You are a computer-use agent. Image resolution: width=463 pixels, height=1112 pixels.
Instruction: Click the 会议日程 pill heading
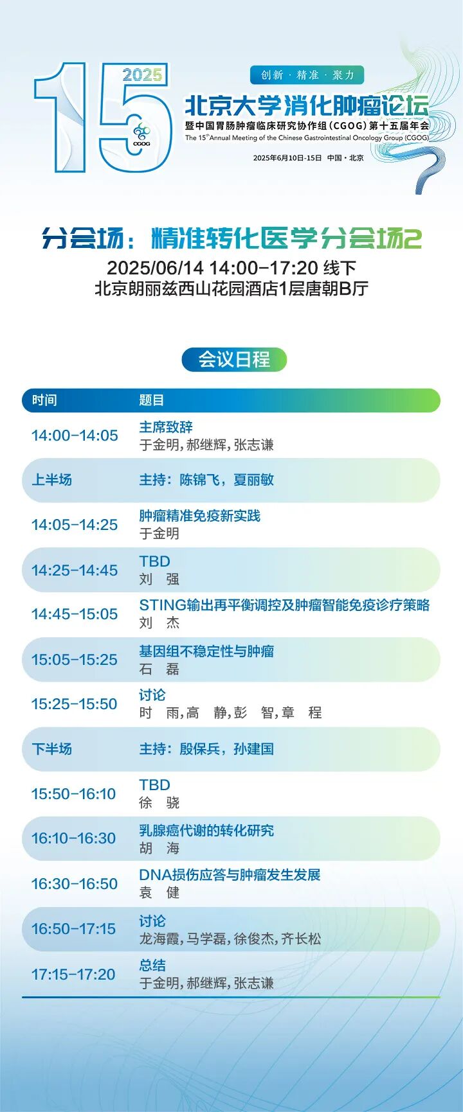coord(234,360)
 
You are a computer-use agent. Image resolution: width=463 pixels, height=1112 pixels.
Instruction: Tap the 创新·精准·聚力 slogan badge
coord(307,75)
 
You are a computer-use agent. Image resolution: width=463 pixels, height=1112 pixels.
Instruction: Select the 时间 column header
coord(44,400)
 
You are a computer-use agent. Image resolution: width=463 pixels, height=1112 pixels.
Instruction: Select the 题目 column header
coord(152,400)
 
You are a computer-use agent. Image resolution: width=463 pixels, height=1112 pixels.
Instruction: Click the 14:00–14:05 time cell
coord(75,436)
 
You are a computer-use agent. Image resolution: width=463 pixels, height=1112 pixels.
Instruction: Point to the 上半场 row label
coord(52,480)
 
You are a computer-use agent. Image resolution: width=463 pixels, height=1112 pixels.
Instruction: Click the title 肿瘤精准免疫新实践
coord(200,516)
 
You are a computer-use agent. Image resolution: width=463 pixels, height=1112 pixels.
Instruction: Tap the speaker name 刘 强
coord(159,579)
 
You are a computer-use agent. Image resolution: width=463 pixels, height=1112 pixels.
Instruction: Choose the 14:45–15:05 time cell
coord(75,614)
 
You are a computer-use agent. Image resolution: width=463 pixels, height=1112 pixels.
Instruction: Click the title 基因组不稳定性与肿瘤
coord(206,651)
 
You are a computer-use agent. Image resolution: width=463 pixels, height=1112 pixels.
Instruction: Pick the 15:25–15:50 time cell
coord(75,704)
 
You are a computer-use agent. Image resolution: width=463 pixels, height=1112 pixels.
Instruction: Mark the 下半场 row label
coord(52,749)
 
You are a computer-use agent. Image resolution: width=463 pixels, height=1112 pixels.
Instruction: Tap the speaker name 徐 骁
coord(159,802)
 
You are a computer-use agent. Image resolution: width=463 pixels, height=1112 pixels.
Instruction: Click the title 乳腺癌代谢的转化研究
coord(206,831)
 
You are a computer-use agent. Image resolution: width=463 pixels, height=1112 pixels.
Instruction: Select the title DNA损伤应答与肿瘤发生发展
coord(230,875)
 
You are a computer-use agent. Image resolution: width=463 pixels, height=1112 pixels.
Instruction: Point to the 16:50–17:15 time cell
coord(74,929)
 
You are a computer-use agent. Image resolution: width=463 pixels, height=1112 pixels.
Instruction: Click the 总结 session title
coord(152,965)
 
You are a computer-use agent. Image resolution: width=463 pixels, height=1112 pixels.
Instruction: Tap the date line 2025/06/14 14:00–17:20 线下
coord(232,268)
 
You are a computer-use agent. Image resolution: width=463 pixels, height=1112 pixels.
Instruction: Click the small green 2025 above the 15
coord(142,75)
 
